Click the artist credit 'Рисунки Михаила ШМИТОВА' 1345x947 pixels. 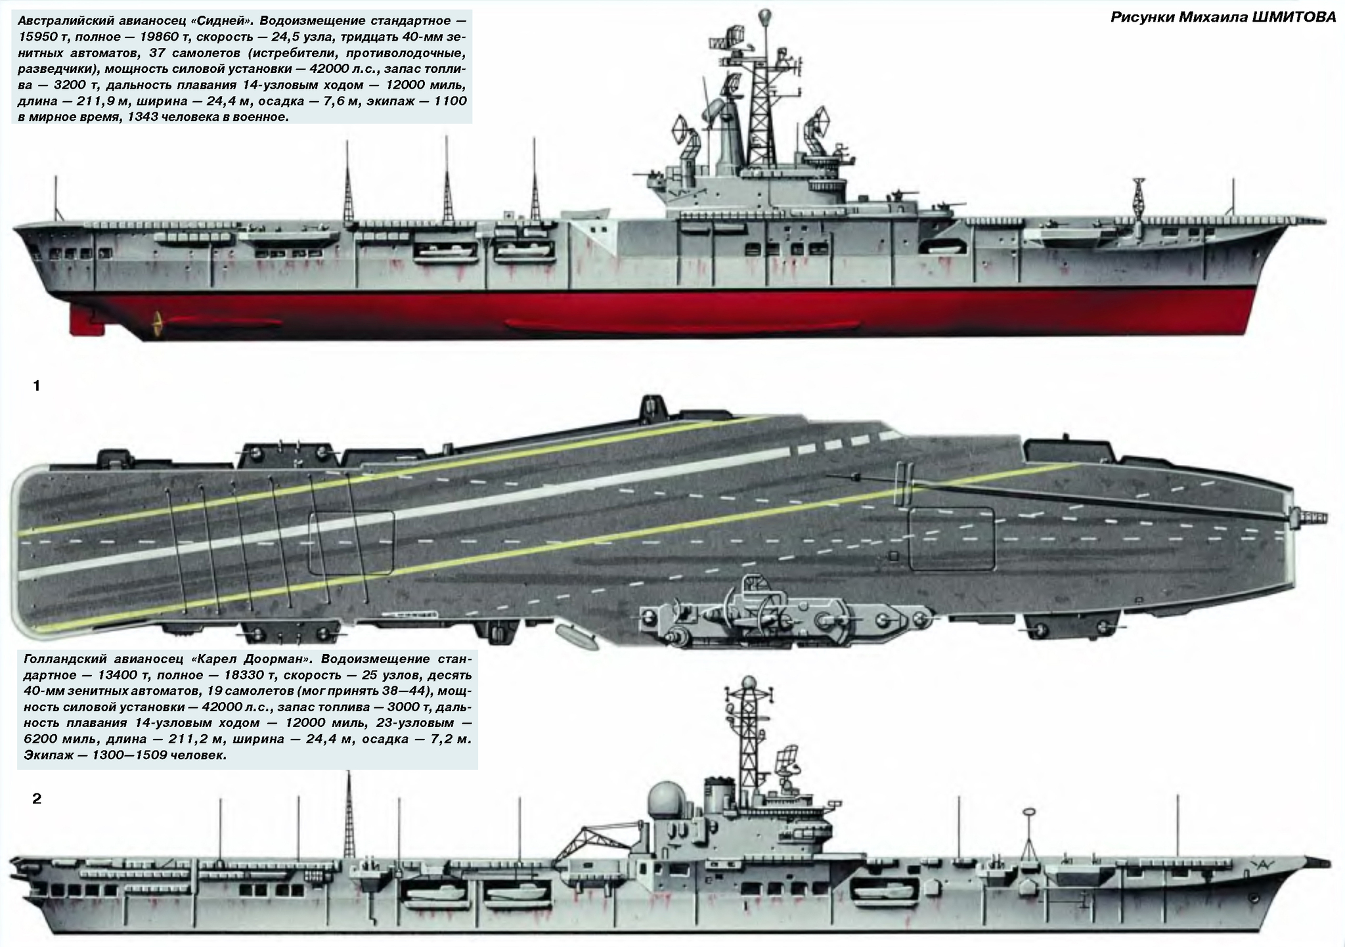1223,17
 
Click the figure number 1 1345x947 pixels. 37,386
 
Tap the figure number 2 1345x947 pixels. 37,799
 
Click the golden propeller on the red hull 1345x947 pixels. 157,322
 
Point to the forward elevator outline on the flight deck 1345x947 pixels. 952,539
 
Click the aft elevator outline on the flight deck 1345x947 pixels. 351,542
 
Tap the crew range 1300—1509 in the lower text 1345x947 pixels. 117,755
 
